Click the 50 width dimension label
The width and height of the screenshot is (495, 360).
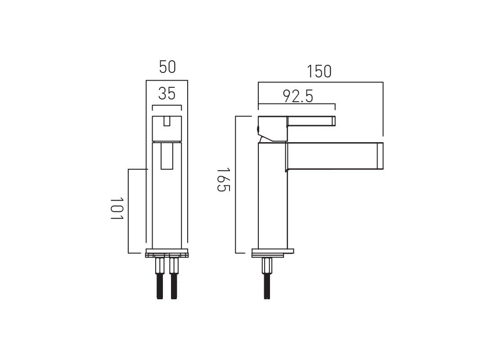tap(167, 67)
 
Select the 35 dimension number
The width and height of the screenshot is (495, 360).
tap(167, 94)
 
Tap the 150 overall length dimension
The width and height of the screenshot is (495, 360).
tap(319, 71)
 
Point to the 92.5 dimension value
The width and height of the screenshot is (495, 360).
tap(297, 96)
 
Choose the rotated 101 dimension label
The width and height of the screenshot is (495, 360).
tap(117, 208)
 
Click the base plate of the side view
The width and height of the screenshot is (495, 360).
tap(272, 252)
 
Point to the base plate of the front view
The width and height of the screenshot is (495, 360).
tap(166, 252)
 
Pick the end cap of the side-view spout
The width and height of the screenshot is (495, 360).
tap(379, 156)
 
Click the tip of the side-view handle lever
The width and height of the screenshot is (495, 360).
tap(333, 121)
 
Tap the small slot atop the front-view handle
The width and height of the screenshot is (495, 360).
tap(167, 121)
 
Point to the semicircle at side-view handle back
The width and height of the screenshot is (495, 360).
tap(258, 130)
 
